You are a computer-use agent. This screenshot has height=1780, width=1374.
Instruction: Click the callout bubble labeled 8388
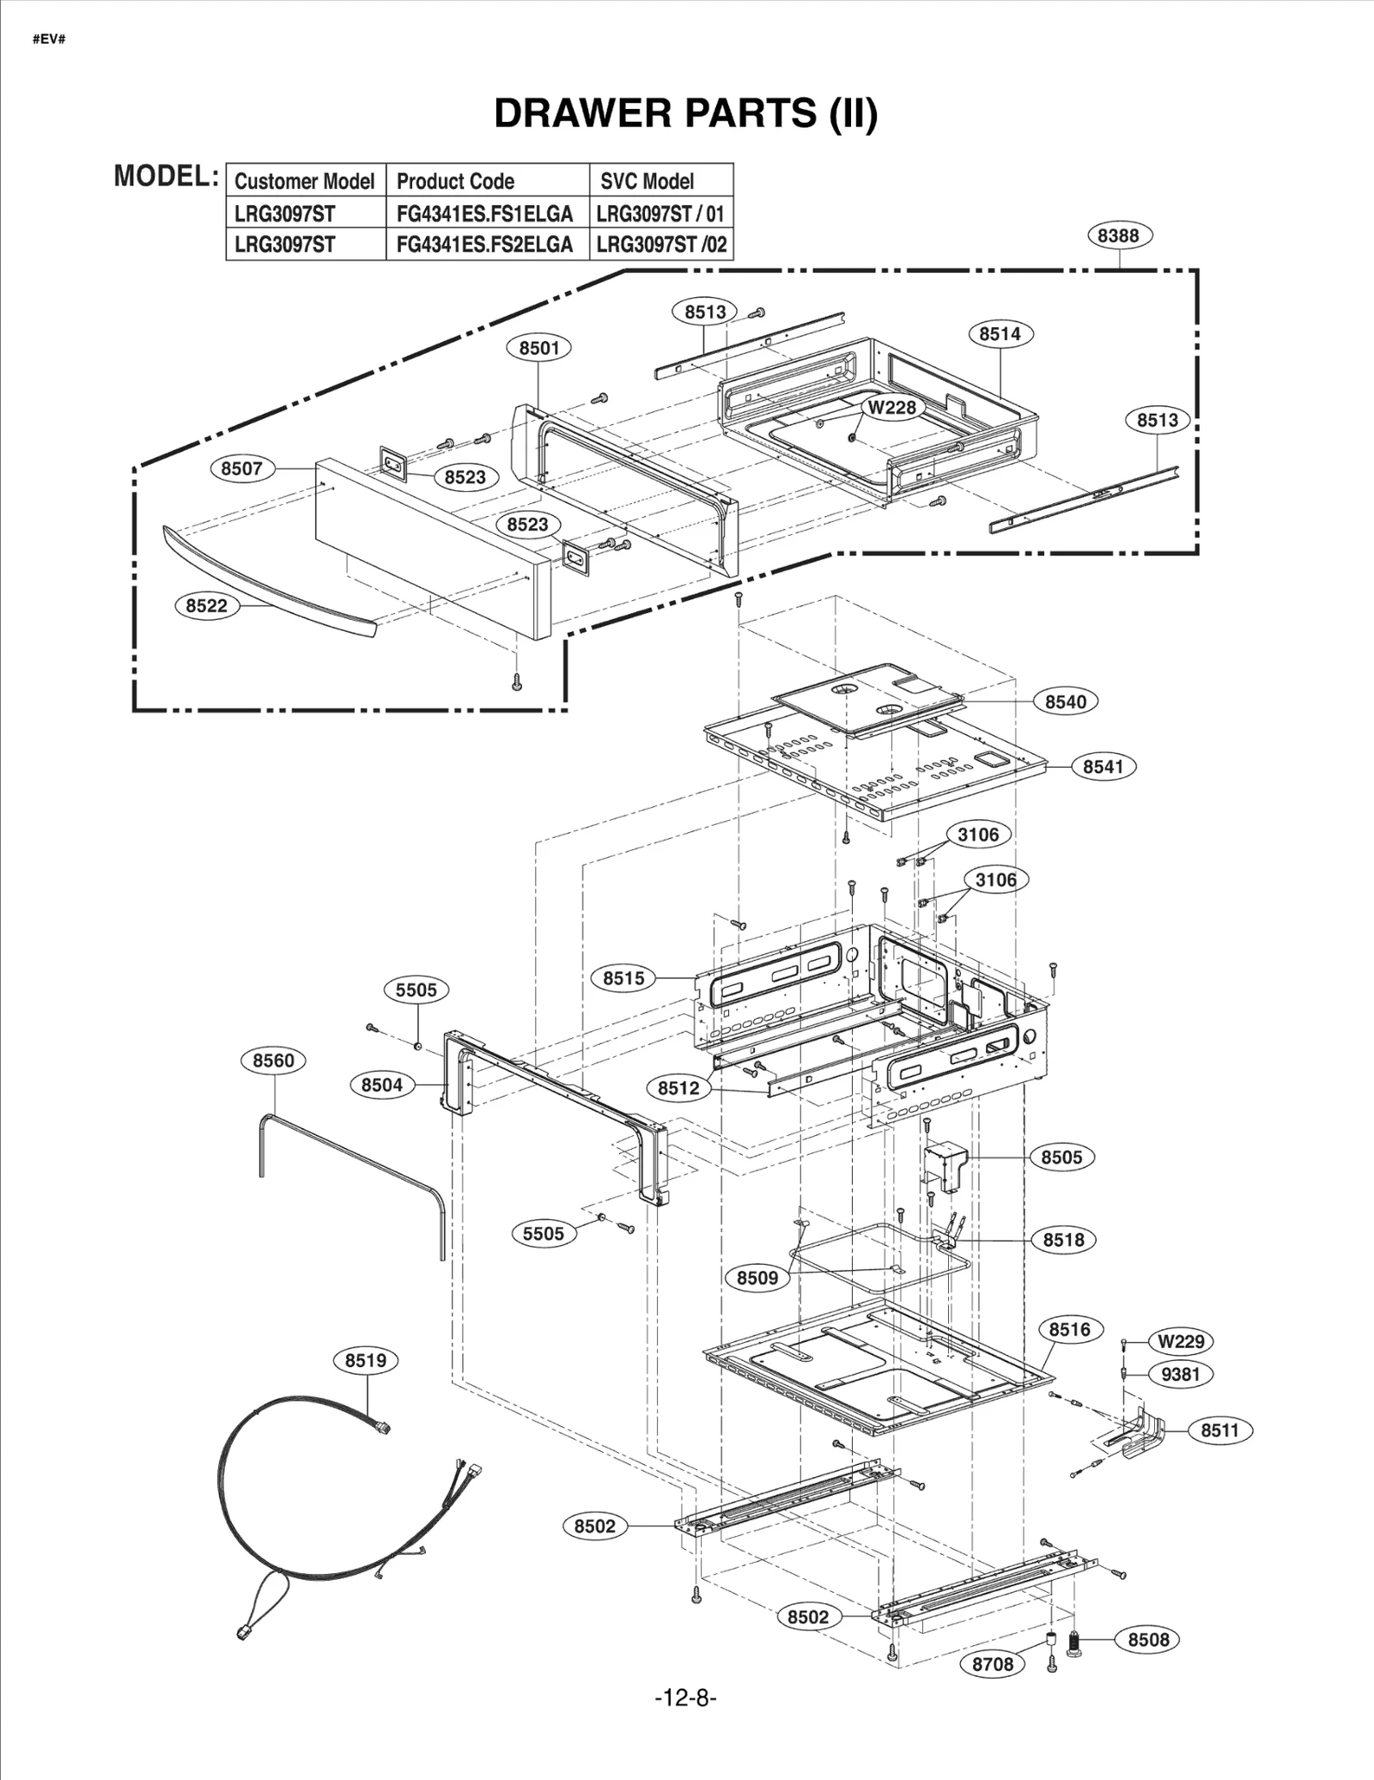(1118, 235)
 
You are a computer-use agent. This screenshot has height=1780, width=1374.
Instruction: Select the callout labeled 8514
(1000, 334)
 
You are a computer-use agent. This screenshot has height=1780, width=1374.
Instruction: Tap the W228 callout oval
(891, 407)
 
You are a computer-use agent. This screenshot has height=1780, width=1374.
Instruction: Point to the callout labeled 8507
(241, 469)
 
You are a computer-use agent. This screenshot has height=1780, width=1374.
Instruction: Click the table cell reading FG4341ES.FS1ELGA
(485, 213)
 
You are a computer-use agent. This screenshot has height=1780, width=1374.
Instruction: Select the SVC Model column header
(647, 181)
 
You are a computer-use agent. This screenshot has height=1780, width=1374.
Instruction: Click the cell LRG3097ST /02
(661, 245)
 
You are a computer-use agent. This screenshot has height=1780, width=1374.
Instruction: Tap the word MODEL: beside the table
(167, 176)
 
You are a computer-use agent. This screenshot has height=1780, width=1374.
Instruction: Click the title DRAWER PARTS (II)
(685, 112)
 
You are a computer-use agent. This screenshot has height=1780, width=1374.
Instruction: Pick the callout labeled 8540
(1065, 702)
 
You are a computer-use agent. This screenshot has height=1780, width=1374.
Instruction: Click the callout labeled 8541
(1103, 767)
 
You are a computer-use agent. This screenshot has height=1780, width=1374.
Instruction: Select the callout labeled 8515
(623, 978)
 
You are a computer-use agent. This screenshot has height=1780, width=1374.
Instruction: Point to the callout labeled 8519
(365, 1360)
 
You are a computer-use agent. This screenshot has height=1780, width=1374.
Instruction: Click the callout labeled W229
(1180, 1341)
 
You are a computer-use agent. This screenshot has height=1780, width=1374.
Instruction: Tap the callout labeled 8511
(1219, 1431)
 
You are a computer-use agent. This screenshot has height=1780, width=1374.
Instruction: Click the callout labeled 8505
(1061, 1157)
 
